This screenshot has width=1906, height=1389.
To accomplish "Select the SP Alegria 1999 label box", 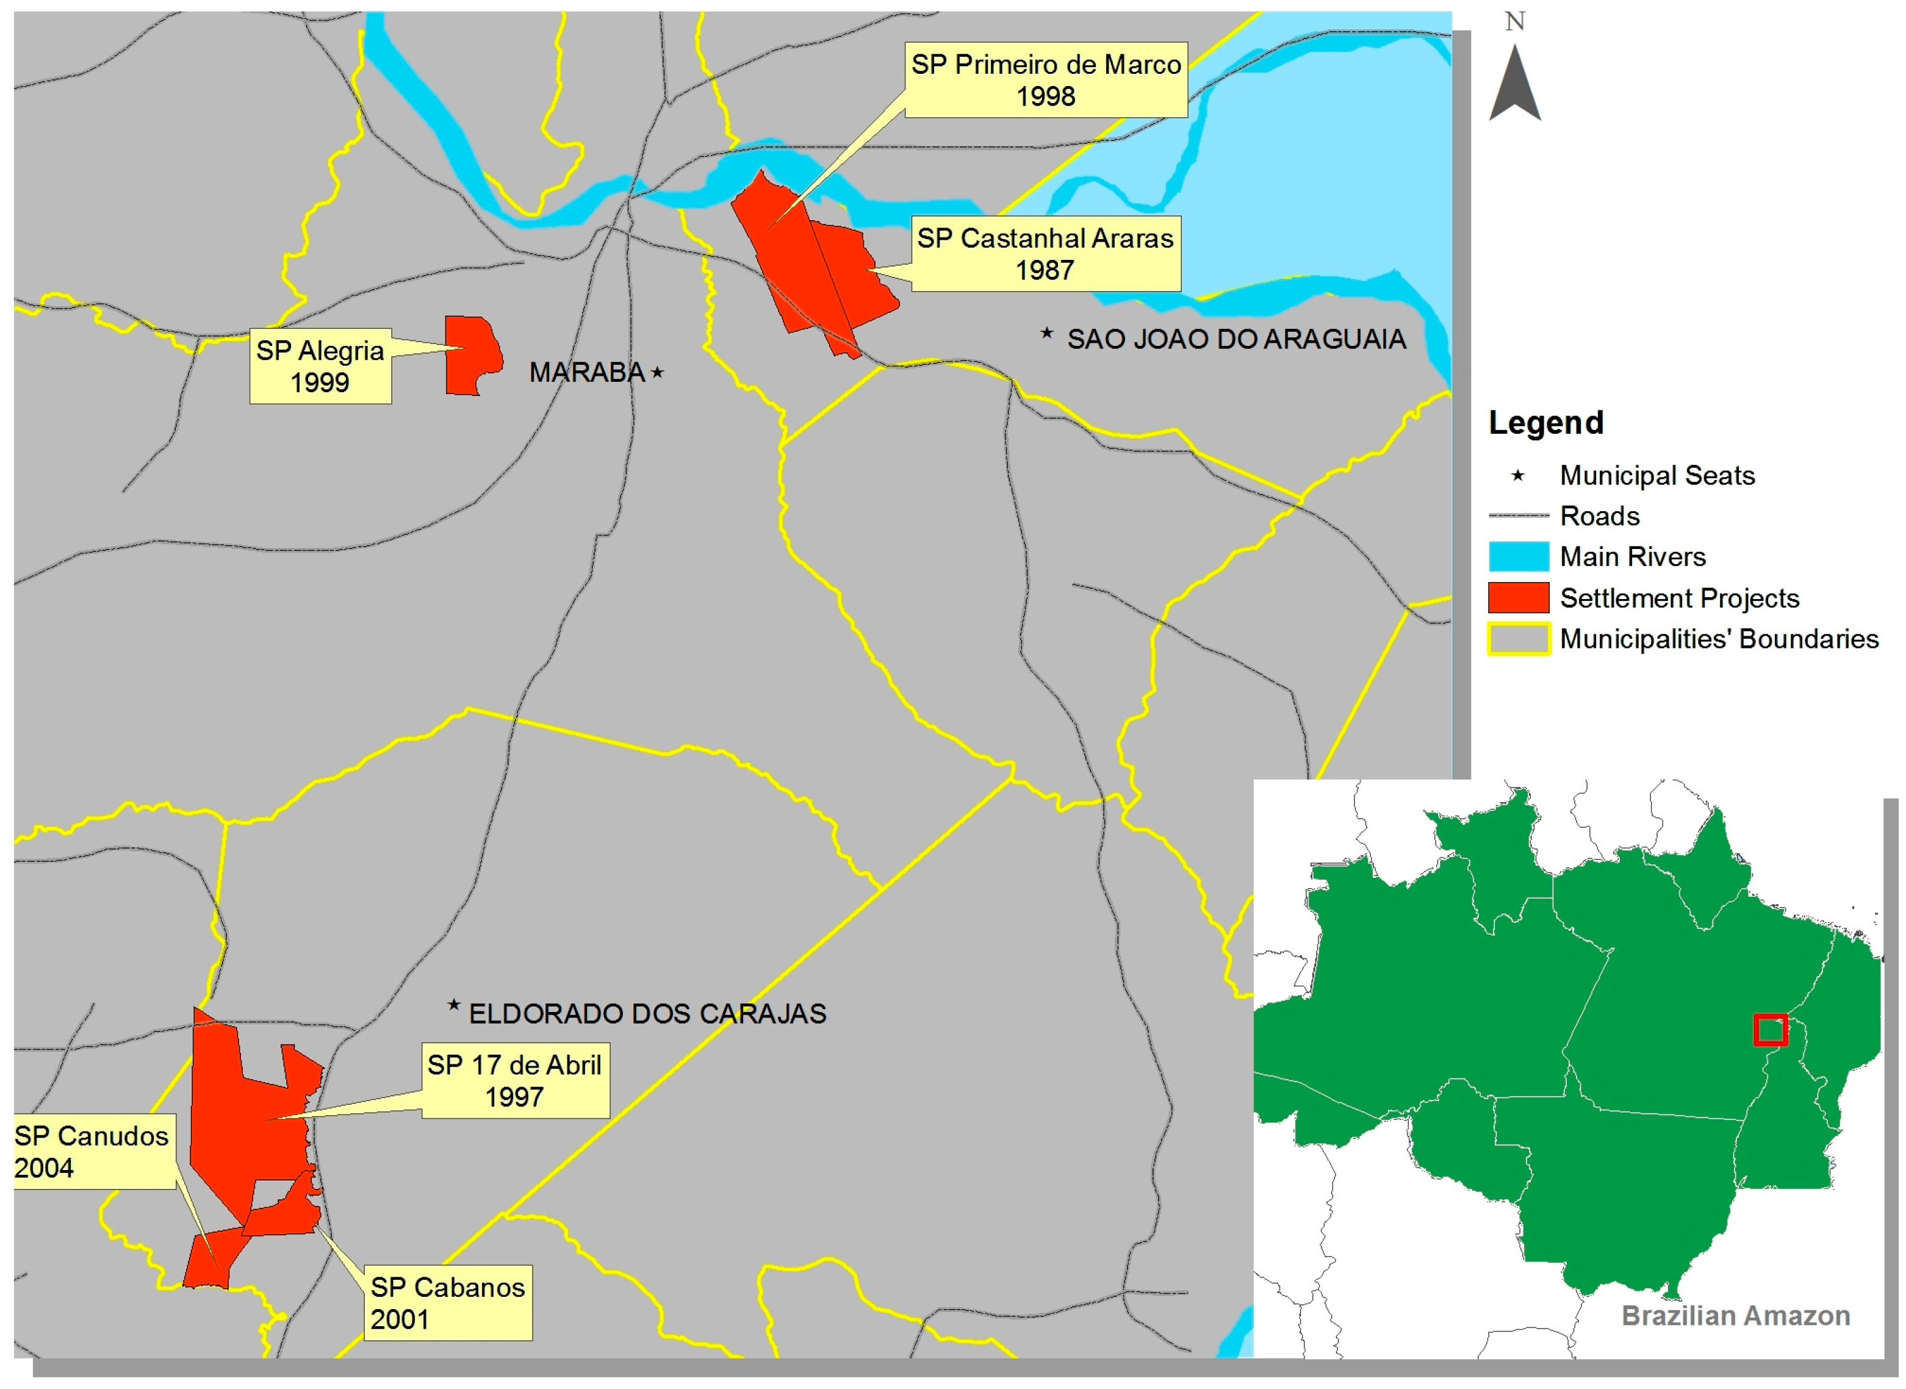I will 320,366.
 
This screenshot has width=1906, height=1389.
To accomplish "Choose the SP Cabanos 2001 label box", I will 447,1302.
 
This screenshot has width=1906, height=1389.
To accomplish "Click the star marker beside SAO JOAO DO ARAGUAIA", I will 1047,334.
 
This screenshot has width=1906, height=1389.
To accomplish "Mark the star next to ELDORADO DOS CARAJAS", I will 454,1005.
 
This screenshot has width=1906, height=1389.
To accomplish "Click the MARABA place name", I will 587,373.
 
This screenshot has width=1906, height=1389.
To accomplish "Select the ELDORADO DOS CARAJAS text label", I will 647,1014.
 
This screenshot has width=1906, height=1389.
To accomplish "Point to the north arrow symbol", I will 1514,84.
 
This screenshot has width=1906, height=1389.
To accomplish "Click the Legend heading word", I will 1545,422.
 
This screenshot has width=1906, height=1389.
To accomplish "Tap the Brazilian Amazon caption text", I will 1735,1315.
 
